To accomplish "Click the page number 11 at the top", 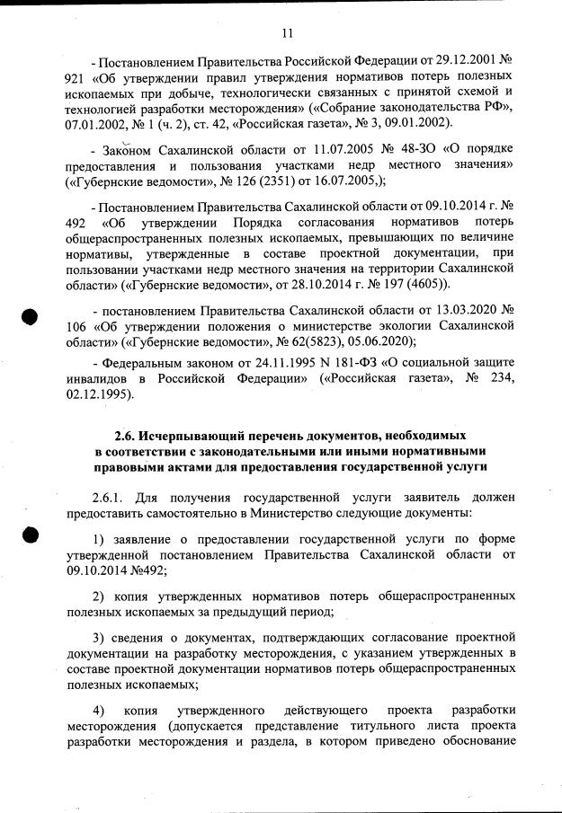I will click(287, 33).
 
